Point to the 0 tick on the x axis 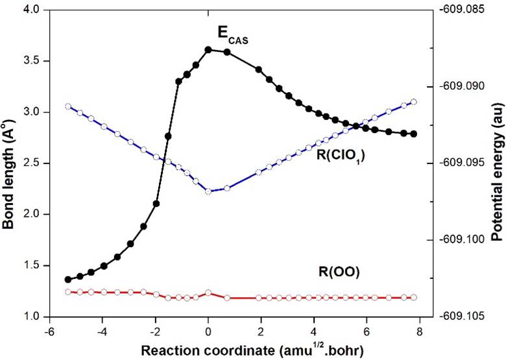click(208, 330)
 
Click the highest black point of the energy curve click(208, 49)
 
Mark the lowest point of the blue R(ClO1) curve click(208, 191)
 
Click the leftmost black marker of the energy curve click(68, 280)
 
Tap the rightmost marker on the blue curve click(414, 102)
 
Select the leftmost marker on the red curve click(68, 292)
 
